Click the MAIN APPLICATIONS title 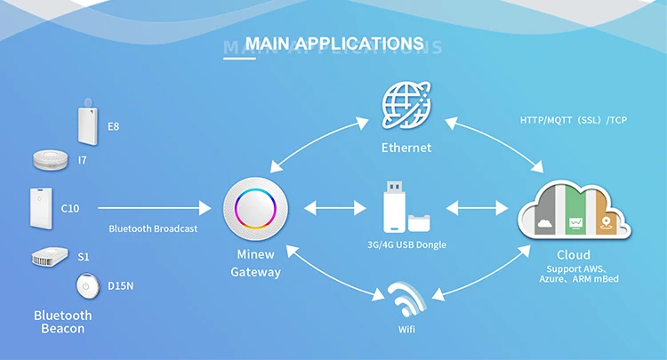[333, 43]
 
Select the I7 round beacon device [52, 160]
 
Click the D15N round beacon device [87, 286]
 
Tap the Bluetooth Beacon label [63, 322]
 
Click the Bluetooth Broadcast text [153, 228]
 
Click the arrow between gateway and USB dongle [335, 209]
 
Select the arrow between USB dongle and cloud [476, 209]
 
